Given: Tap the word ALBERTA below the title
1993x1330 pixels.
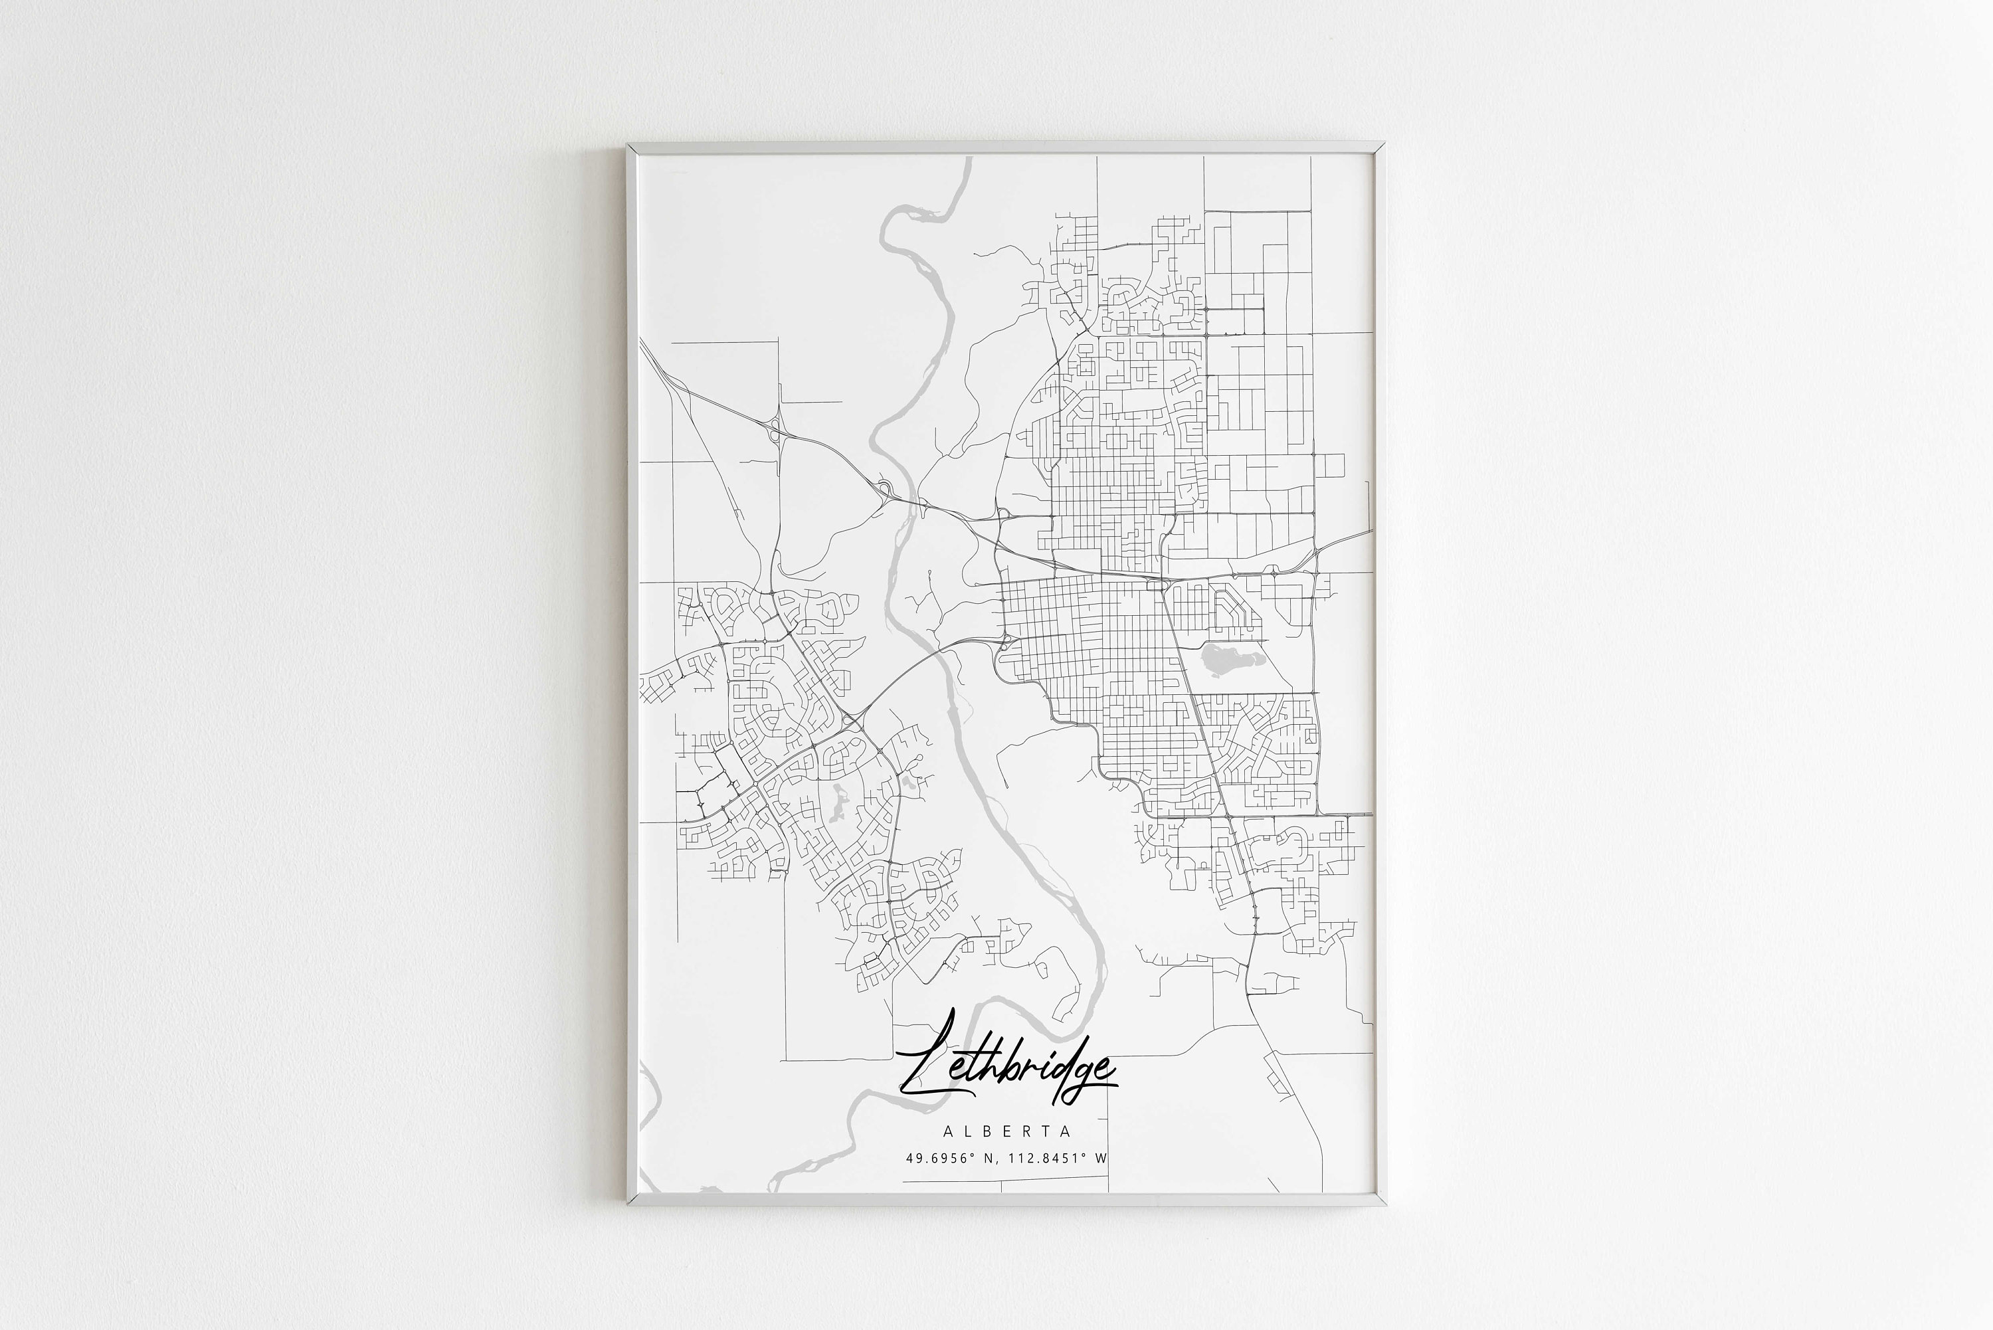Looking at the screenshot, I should tap(1006, 1131).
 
